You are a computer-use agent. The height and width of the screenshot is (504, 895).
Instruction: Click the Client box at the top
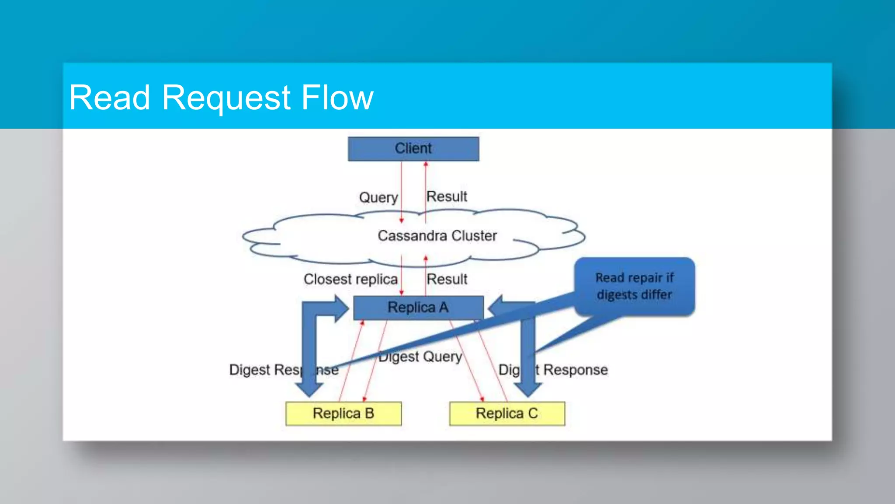pyautogui.click(x=413, y=149)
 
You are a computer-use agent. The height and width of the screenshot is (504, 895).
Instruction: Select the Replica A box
pyautogui.click(x=418, y=308)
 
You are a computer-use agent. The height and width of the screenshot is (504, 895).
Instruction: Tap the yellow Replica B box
pyautogui.click(x=343, y=413)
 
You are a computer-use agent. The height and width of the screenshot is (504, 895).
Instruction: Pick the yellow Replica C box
pyautogui.click(x=507, y=413)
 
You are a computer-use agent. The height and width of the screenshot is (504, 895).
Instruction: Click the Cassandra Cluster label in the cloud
pyautogui.click(x=437, y=236)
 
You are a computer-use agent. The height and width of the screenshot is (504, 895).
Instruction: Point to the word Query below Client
pyautogui.click(x=378, y=197)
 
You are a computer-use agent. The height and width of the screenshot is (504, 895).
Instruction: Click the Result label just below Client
pyautogui.click(x=447, y=196)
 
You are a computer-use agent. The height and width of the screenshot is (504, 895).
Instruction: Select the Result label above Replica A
pyautogui.click(x=447, y=279)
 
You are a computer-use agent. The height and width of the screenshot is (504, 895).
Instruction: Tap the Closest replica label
pyautogui.click(x=350, y=279)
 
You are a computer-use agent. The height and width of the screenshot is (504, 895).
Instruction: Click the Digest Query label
pyautogui.click(x=420, y=357)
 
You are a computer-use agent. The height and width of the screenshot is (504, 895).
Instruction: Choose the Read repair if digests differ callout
pyautogui.click(x=634, y=286)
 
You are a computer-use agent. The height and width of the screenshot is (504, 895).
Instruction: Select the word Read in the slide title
pyautogui.click(x=109, y=97)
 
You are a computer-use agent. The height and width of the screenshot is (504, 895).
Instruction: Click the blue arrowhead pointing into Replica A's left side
pyautogui.click(x=341, y=308)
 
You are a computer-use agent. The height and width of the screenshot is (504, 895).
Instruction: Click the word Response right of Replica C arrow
pyautogui.click(x=575, y=370)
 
